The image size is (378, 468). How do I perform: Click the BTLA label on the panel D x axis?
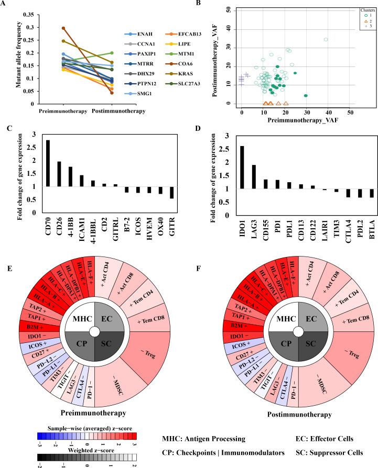pyautogui.click(x=357, y=211)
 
